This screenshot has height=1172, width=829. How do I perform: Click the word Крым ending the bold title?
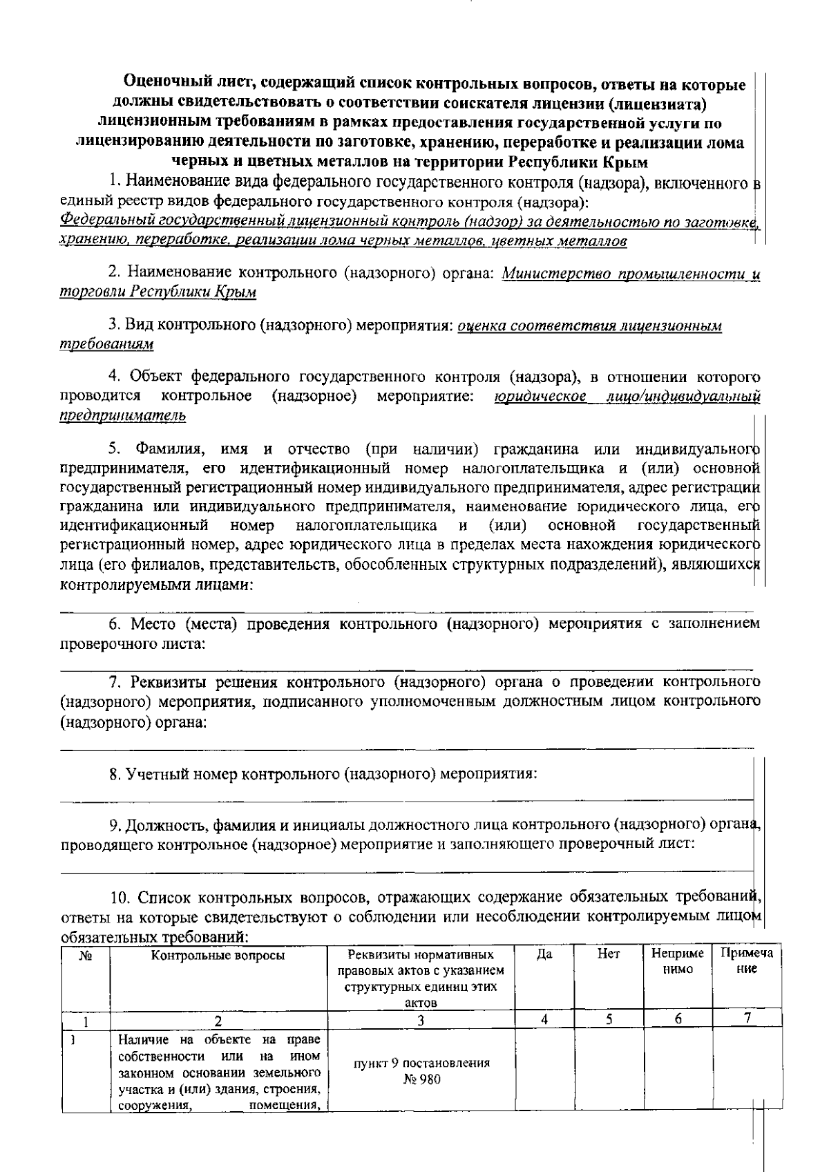coord(625,163)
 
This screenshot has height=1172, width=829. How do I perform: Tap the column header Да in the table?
coord(544,955)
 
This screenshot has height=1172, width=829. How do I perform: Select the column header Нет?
coord(609,955)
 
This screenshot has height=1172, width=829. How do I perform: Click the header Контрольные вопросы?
coord(218,956)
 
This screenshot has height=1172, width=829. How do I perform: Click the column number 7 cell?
coord(747,1019)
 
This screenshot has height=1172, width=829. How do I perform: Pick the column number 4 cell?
coord(544,1019)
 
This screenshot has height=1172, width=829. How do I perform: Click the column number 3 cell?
coord(421,1019)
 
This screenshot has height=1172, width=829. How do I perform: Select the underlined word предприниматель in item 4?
coord(123,415)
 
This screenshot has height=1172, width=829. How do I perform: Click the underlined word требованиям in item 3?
coord(106,344)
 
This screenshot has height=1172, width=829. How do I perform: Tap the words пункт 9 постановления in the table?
coord(421,1064)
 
